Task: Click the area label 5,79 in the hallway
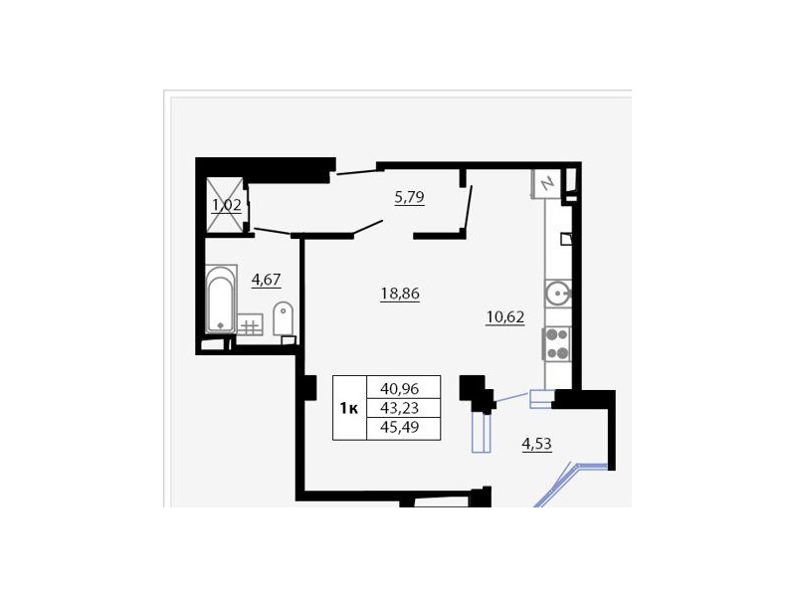pyautogui.click(x=409, y=197)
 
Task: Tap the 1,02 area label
pyautogui.click(x=226, y=205)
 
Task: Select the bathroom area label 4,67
pyautogui.click(x=266, y=280)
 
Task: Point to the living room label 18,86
pyautogui.click(x=400, y=294)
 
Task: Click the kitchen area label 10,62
pyautogui.click(x=505, y=317)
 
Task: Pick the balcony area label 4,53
pyautogui.click(x=536, y=444)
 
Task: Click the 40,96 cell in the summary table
pyautogui.click(x=400, y=389)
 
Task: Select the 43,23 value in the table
pyautogui.click(x=400, y=408)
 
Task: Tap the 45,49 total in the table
pyautogui.click(x=400, y=427)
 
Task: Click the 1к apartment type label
pyautogui.click(x=349, y=408)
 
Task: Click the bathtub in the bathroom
pyautogui.click(x=221, y=299)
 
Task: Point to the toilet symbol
pyautogui.click(x=283, y=319)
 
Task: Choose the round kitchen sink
pyautogui.click(x=558, y=294)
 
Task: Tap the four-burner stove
pyautogui.click(x=557, y=344)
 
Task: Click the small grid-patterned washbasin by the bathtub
pyautogui.click(x=250, y=325)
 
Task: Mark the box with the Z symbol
pyautogui.click(x=545, y=183)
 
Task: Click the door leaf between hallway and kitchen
pyautogui.click(x=468, y=208)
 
